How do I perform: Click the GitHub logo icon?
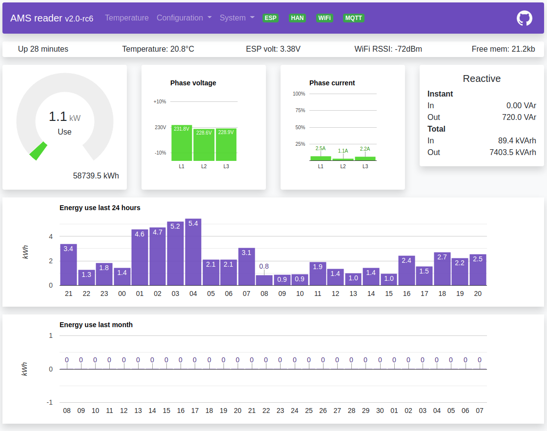coord(524,18)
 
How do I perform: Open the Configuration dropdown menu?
coord(184,18)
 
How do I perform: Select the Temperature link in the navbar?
coord(127,18)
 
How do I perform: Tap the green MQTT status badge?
coord(354,18)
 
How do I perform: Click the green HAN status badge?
coord(297,18)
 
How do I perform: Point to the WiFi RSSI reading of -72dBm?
coord(388,49)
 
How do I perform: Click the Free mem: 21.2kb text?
coord(503,49)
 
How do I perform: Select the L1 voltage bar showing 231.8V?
coord(182,144)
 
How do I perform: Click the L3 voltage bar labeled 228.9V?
coord(226,145)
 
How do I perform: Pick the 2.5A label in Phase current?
coord(321,148)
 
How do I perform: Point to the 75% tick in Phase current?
coord(300,111)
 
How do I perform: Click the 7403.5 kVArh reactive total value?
coord(512,152)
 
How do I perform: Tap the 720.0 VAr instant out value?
coord(519,117)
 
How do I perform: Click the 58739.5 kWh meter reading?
coord(96,176)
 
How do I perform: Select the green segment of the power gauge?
coord(38,151)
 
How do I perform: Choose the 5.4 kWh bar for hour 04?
coord(193,253)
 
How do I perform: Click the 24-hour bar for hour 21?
coord(68,265)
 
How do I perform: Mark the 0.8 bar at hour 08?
coord(264,280)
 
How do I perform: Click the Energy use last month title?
coord(96,325)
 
